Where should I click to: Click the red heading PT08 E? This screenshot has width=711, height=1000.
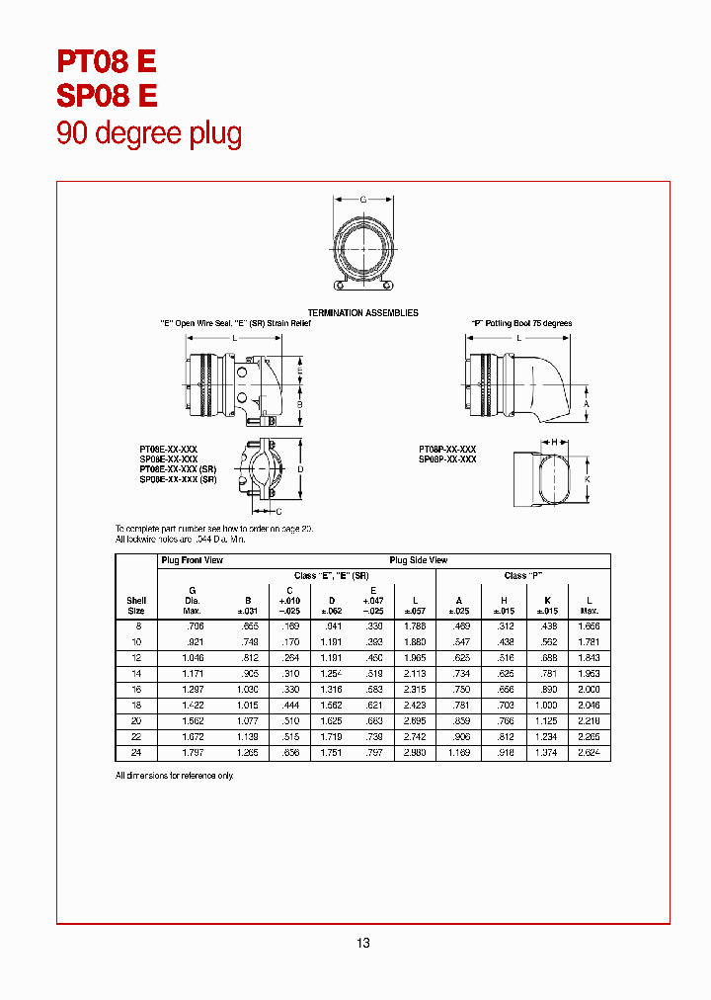(x=107, y=62)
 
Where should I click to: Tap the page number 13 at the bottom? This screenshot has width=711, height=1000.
(x=363, y=944)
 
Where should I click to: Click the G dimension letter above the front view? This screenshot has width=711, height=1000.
(x=362, y=200)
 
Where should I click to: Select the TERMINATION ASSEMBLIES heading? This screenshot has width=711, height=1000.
(x=362, y=312)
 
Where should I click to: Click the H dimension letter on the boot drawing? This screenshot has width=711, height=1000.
(x=554, y=442)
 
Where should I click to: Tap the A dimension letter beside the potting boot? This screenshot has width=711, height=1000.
(x=586, y=404)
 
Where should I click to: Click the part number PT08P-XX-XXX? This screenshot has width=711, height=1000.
(x=447, y=450)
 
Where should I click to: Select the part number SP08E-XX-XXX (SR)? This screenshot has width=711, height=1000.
(x=178, y=479)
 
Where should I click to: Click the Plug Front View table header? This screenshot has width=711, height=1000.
(x=193, y=560)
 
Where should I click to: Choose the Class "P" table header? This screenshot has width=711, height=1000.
(x=524, y=575)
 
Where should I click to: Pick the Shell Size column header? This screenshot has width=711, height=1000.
(x=136, y=605)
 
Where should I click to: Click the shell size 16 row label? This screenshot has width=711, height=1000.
(x=136, y=689)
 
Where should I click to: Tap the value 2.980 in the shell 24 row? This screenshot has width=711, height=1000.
(x=415, y=753)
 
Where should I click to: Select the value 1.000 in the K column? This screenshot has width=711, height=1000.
(x=546, y=705)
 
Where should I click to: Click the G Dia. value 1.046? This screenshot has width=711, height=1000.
(x=193, y=657)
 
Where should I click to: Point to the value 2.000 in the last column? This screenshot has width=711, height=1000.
(x=589, y=689)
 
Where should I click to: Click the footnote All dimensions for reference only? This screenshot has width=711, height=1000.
(x=175, y=776)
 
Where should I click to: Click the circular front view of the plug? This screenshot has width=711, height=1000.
(x=363, y=245)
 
